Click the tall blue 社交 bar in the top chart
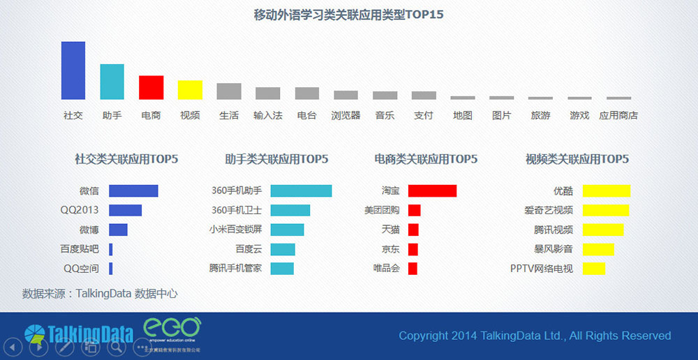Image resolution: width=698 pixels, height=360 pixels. pyautogui.click(x=73, y=70)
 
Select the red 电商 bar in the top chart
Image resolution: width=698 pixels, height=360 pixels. pyautogui.click(x=151, y=87)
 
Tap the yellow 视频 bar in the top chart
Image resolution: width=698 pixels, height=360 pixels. pyautogui.click(x=190, y=90)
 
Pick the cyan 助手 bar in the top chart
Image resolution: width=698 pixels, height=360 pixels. pyautogui.click(x=112, y=82)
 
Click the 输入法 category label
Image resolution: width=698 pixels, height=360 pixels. pyautogui.click(x=267, y=115)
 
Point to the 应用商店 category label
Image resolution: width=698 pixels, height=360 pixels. pyautogui.click(x=618, y=115)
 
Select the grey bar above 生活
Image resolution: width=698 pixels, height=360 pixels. pyautogui.click(x=229, y=91)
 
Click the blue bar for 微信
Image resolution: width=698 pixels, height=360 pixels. pyautogui.click(x=133, y=190)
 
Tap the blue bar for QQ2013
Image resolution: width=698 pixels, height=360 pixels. pyautogui.click(x=125, y=210)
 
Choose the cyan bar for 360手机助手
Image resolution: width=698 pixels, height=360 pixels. pyautogui.click(x=301, y=190)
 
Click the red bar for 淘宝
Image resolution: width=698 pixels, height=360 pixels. pyautogui.click(x=432, y=190)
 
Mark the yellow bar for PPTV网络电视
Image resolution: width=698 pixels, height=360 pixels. pyautogui.click(x=594, y=269)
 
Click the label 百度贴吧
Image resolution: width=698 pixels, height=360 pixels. pyautogui.click(x=80, y=249)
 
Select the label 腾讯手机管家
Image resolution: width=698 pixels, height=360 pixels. pyautogui.click(x=235, y=269)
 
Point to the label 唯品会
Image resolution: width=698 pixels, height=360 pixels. pyautogui.click(x=386, y=269)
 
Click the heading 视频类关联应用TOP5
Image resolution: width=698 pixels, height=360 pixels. pyautogui.click(x=577, y=159)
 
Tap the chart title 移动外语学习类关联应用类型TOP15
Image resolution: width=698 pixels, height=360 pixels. pyautogui.click(x=349, y=15)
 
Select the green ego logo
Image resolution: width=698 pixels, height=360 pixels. pyautogui.click(x=172, y=329)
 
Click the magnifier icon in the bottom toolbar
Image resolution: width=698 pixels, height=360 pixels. pyautogui.click(x=116, y=345)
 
